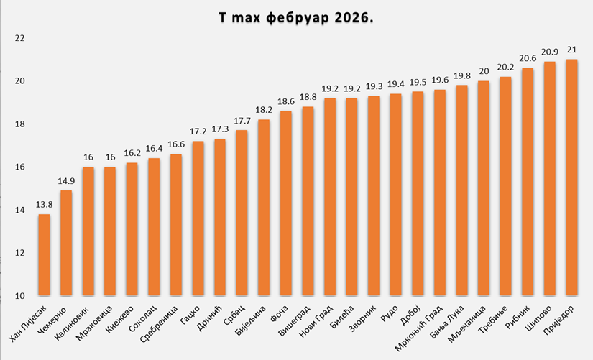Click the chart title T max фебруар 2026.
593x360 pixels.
[296, 17]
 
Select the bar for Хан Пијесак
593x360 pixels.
[44, 254]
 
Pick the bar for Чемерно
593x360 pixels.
[66, 243]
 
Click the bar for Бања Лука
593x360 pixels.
[461, 190]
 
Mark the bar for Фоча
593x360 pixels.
[285, 203]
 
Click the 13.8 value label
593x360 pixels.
[44, 205]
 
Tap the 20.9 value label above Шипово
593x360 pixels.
[550, 52]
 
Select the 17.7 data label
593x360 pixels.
[242, 121]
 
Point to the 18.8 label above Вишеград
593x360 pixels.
[308, 97]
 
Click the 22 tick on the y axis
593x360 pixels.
[20, 37]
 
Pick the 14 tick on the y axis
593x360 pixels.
[20, 210]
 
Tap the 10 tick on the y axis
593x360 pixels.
[20, 296]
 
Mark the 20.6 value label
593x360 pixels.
[528, 58]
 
